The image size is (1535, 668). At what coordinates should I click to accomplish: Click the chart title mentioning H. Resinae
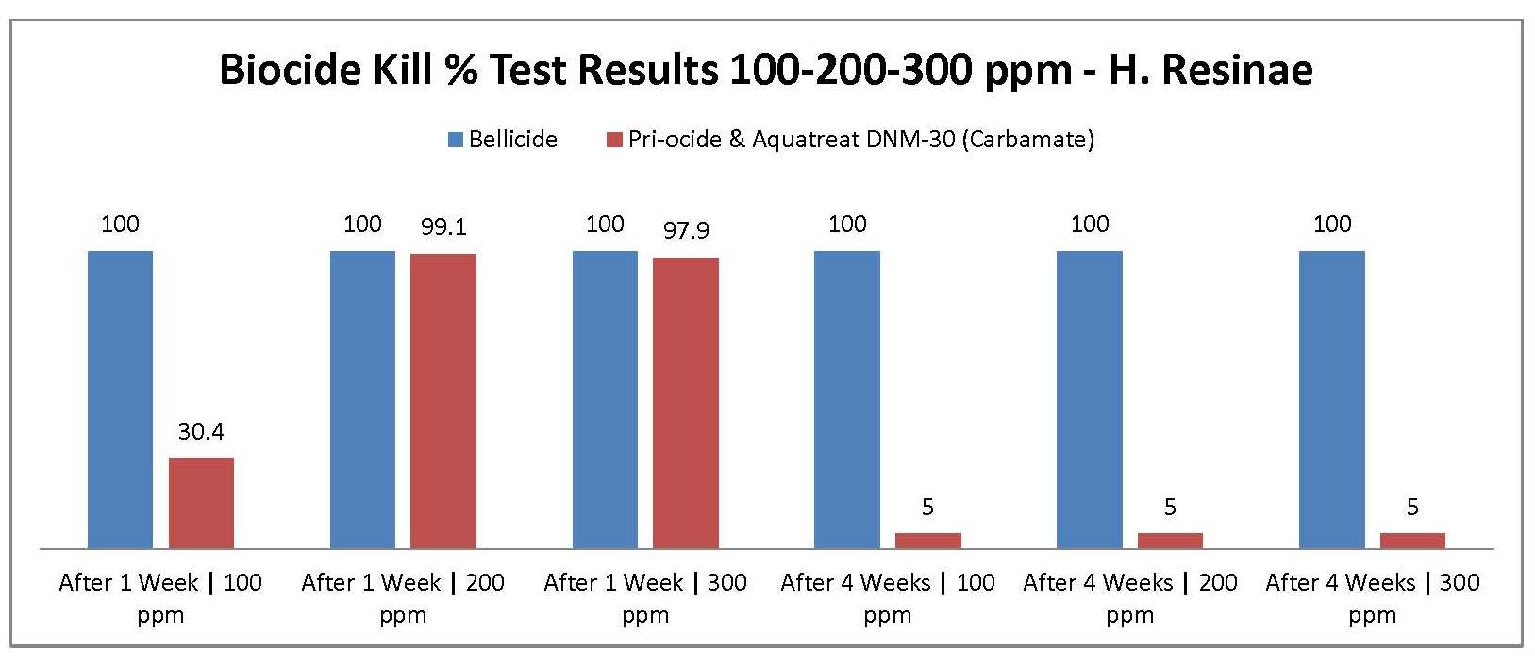[x=765, y=70]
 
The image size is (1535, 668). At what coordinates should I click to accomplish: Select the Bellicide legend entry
[x=502, y=140]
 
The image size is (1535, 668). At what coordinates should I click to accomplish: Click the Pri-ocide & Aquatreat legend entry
[x=849, y=140]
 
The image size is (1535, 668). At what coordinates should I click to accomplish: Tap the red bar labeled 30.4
[x=201, y=502]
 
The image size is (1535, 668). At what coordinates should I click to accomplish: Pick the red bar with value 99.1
[x=442, y=400]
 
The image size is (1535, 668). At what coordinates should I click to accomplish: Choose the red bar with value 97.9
[x=685, y=402]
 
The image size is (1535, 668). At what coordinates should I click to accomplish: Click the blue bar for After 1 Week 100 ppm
[x=120, y=398]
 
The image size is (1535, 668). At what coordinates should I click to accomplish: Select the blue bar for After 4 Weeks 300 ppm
[x=1331, y=398]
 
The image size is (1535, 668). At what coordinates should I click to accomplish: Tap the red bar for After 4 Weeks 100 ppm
[x=927, y=541]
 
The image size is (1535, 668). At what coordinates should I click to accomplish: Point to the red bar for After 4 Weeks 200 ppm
[x=1170, y=541]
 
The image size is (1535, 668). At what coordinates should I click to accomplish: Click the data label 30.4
[x=201, y=432]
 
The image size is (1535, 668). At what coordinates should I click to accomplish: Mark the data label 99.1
[x=443, y=227]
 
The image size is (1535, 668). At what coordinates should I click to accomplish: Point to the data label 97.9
[x=686, y=230]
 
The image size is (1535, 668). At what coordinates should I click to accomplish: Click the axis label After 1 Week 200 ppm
[x=403, y=598]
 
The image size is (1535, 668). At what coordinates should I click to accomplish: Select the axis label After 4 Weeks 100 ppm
[x=888, y=598]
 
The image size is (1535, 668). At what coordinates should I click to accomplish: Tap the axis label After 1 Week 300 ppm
[x=645, y=598]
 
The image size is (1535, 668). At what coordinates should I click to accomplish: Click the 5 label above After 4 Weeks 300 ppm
[x=1412, y=508]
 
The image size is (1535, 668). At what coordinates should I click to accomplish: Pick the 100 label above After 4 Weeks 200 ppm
[x=1090, y=225]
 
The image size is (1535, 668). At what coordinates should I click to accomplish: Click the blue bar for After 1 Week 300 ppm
[x=605, y=398]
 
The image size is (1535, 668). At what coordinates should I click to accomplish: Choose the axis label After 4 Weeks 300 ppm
[x=1372, y=598]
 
